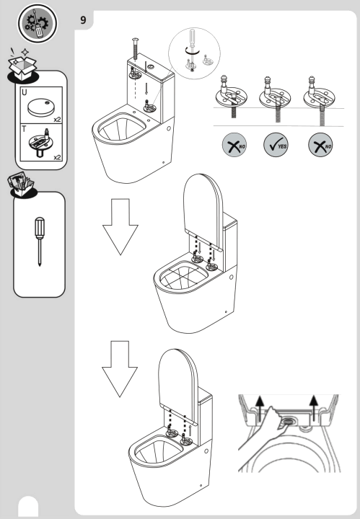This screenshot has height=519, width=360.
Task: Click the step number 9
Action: tap(84, 20)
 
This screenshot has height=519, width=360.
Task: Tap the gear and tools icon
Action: tap(34, 22)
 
